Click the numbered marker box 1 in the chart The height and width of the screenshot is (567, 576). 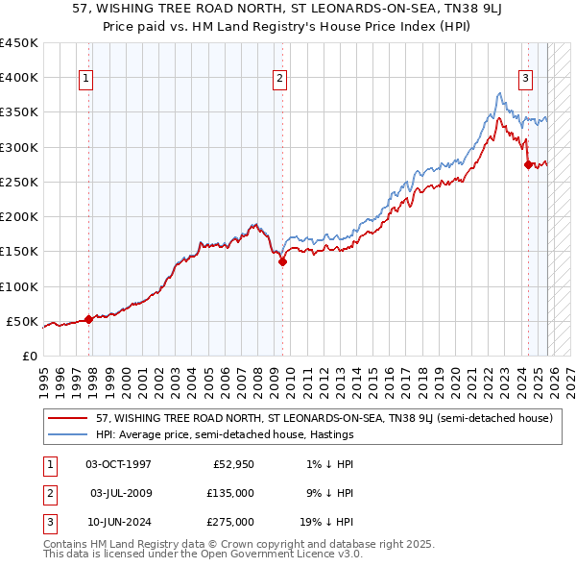[x=86, y=79]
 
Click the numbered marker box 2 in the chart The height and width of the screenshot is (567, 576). [x=279, y=79]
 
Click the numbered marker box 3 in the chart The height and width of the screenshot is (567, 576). [x=526, y=79]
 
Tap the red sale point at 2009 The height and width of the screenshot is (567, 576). [x=282, y=261]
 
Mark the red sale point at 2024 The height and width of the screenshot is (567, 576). [x=528, y=164]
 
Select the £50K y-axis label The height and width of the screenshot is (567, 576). [x=23, y=321]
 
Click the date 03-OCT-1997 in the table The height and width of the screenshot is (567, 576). [x=118, y=464]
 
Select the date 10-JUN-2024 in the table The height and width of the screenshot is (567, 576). [x=118, y=522]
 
